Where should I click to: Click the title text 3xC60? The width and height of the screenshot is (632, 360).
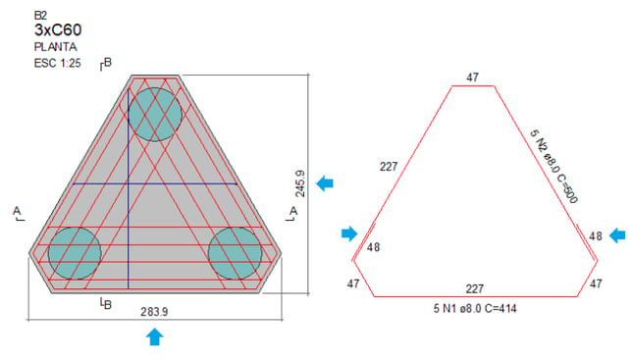pos(58,30)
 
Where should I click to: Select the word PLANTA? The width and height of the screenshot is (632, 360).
pos(56,47)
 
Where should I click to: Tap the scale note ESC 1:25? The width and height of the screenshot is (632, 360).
pos(57,63)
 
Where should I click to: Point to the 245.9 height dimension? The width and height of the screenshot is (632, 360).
pos(300,183)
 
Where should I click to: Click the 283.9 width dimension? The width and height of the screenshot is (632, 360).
pos(154,312)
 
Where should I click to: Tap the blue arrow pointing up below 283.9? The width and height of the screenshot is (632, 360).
pos(154,336)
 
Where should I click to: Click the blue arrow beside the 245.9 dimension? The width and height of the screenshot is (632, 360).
pos(325,183)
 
